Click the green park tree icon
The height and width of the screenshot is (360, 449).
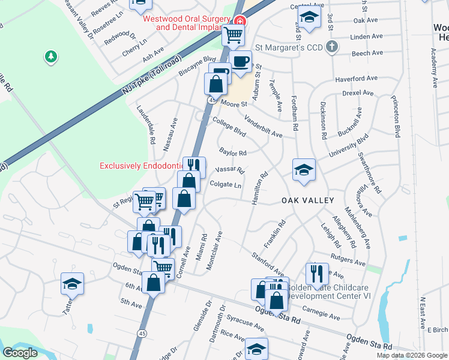coord(51,57)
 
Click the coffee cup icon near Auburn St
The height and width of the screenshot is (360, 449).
coord(241,61)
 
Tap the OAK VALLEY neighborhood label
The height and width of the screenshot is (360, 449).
coord(306,201)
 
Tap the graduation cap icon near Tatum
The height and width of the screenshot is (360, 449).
coord(73,283)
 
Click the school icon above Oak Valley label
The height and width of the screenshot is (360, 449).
coord(304,169)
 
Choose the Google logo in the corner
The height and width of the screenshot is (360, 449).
coord(19,353)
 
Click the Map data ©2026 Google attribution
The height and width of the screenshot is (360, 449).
coord(412,355)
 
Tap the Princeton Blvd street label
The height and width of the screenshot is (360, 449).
coord(396,118)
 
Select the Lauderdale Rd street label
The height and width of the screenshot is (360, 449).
coord(152,132)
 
